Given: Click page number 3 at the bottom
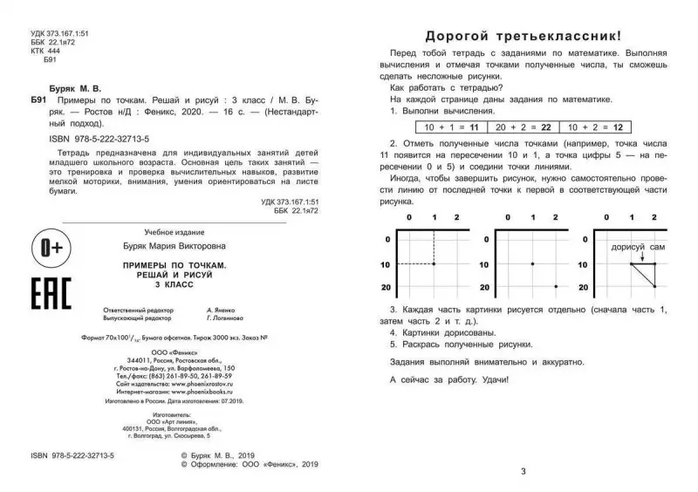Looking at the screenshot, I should (x=523, y=472).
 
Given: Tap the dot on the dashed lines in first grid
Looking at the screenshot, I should (x=434, y=263).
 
